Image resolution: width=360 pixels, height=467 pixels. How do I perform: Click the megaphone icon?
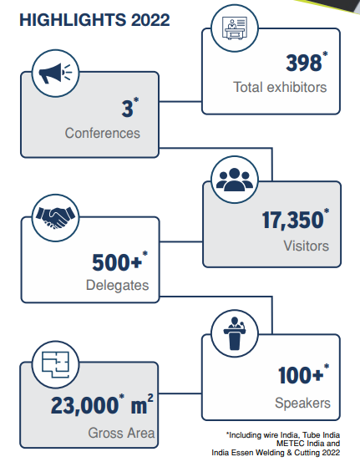point(55,74)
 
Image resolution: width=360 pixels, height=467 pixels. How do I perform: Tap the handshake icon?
point(55,217)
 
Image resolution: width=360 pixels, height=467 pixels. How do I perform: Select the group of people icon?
point(235,180)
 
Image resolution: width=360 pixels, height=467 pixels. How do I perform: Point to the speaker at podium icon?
point(235,333)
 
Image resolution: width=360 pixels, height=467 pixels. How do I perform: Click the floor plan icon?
point(55,365)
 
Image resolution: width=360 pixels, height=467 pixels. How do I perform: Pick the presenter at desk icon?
point(235,28)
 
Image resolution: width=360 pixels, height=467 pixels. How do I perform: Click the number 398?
point(304,63)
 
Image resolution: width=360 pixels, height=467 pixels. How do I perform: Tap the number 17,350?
point(292,220)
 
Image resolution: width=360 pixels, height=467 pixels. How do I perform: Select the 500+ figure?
point(117,262)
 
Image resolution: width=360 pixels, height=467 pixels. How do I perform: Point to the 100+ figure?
point(301,374)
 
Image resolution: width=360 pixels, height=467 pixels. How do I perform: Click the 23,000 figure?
point(84,405)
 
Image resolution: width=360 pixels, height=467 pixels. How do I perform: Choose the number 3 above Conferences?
point(128,109)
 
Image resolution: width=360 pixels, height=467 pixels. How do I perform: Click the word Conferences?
point(103,133)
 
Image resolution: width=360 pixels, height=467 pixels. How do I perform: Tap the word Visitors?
point(306,246)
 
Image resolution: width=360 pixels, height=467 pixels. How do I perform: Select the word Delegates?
point(117,286)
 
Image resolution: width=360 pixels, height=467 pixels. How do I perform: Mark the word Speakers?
point(302,403)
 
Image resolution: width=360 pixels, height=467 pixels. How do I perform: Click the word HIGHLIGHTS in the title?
point(73,20)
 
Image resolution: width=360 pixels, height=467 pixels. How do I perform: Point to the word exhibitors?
point(297,87)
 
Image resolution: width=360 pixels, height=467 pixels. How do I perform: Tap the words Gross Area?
point(121,433)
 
